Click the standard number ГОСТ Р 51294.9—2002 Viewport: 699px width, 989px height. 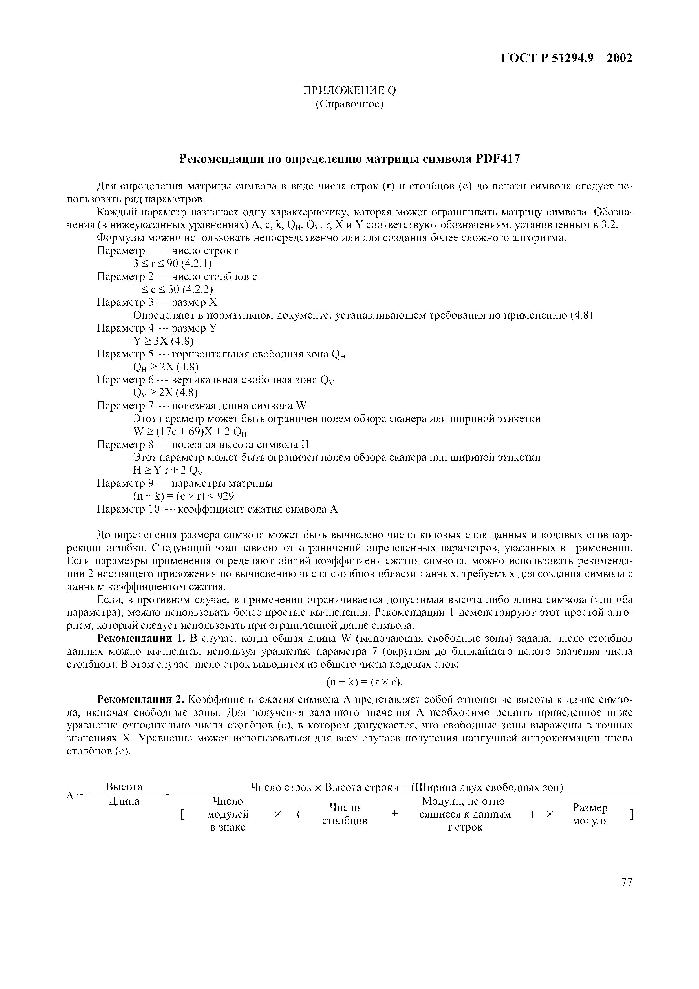[567, 58]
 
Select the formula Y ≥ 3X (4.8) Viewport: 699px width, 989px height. [164, 341]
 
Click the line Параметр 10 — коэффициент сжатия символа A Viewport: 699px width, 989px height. [217, 509]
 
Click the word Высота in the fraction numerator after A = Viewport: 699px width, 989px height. [124, 787]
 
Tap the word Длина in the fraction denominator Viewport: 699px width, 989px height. [124, 802]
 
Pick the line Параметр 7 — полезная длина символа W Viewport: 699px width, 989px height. [201, 406]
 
